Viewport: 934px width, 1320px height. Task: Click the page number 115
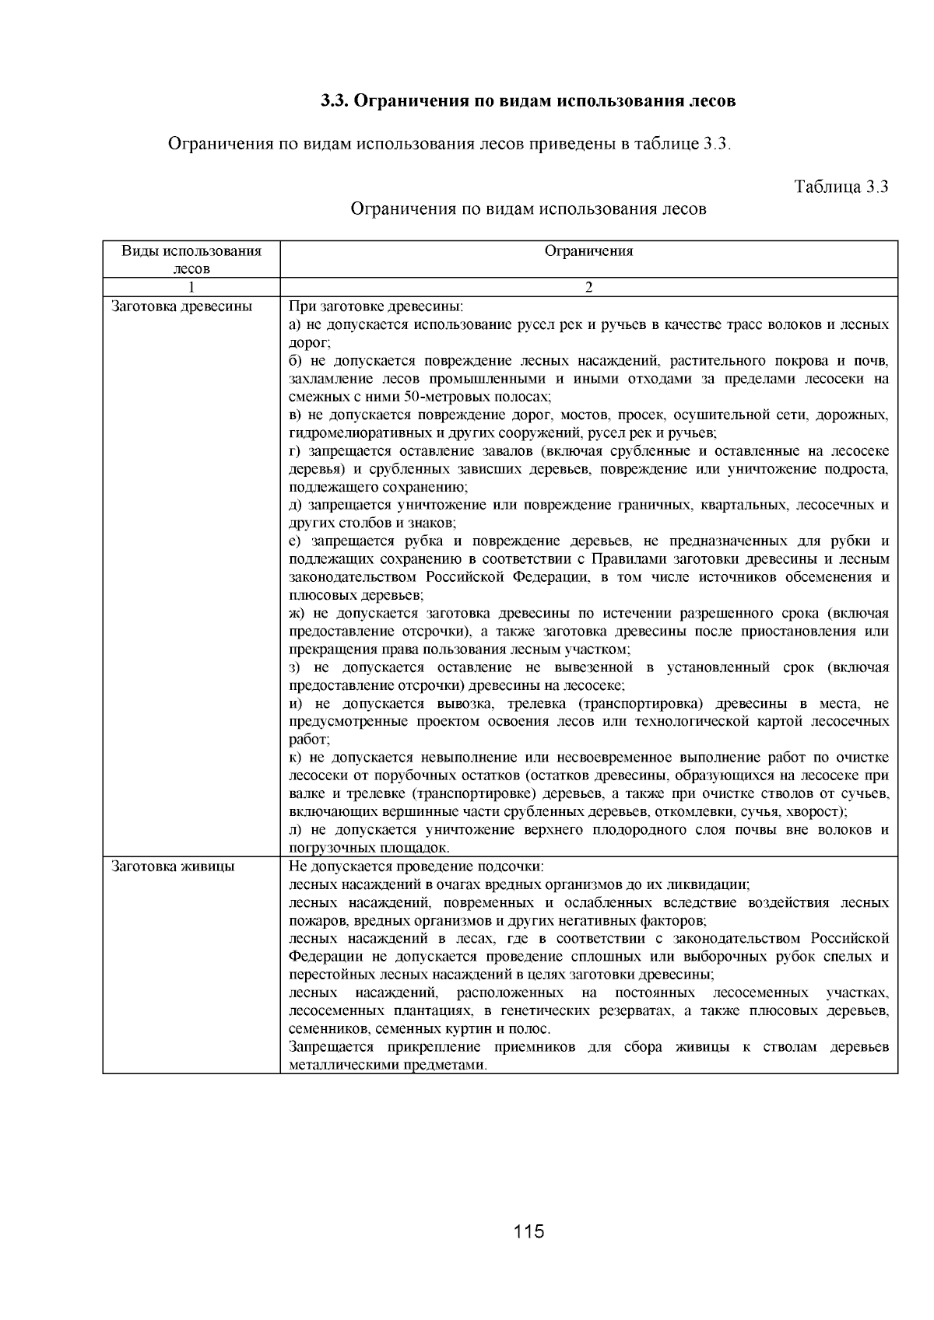pyautogui.click(x=528, y=1232)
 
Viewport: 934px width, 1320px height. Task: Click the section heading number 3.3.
pyautogui.click(x=335, y=102)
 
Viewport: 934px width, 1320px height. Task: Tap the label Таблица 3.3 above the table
pyautogui.click(x=841, y=187)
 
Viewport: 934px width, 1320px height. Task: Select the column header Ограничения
pyautogui.click(x=588, y=251)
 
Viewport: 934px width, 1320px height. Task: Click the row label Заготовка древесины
pyautogui.click(x=182, y=306)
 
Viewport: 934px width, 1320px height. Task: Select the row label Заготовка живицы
pyautogui.click(x=173, y=867)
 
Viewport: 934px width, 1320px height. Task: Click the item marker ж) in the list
pyautogui.click(x=297, y=614)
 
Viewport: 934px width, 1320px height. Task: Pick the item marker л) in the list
pyautogui.click(x=296, y=830)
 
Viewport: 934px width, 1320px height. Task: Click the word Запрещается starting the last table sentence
pyautogui.click(x=327, y=1047)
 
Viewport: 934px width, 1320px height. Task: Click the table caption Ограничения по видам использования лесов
pyautogui.click(x=528, y=209)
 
